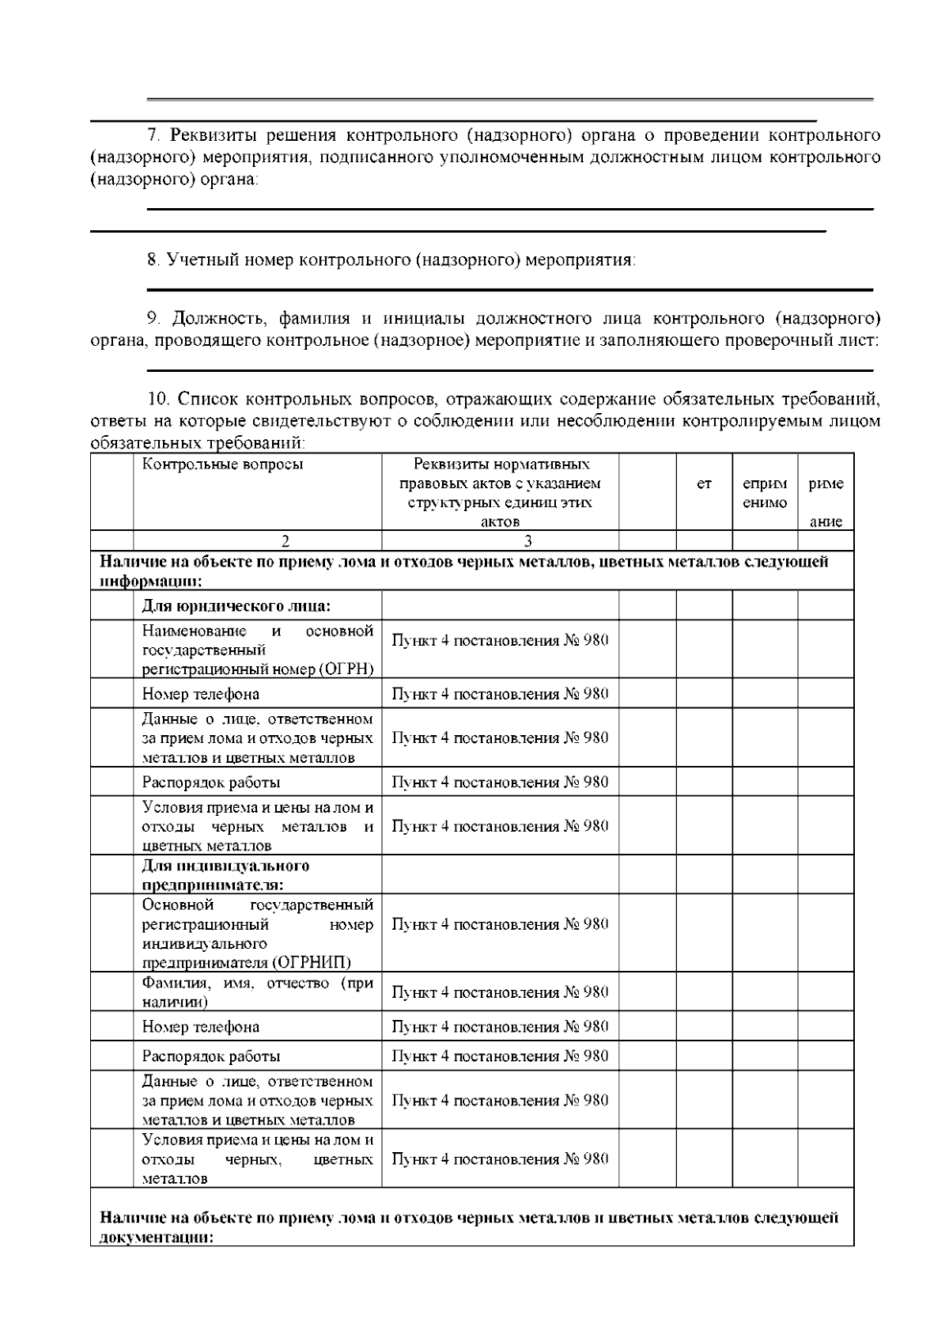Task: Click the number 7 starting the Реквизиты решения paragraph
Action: (155, 135)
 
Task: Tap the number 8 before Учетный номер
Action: (153, 260)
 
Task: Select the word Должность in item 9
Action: (209, 319)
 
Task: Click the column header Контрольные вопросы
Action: (222, 464)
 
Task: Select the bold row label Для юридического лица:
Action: (236, 607)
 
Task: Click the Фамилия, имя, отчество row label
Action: (257, 992)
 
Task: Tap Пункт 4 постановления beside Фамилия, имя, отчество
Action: (500, 993)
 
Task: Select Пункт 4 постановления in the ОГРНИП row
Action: (500, 925)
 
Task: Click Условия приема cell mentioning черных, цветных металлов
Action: (257, 1159)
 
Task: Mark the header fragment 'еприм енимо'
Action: (765, 493)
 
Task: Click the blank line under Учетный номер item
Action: (510, 290)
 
